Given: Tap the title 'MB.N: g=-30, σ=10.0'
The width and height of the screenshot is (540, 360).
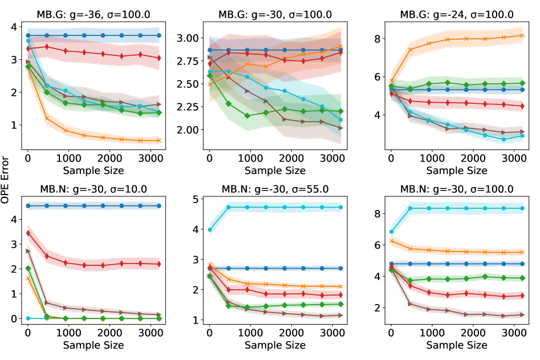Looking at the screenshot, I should [x=94, y=189].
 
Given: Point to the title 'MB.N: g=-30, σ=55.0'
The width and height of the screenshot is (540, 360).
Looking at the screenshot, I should [x=275, y=189].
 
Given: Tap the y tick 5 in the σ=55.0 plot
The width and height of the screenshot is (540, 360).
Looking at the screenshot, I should [x=197, y=199].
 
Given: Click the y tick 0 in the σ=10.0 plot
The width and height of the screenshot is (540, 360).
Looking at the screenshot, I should [x=15, y=318].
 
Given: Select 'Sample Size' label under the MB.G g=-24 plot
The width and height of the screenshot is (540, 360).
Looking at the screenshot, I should [x=457, y=170].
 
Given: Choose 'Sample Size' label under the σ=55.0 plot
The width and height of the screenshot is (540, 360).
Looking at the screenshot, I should [x=275, y=345].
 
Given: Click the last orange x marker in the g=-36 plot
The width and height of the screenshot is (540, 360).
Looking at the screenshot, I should [x=159, y=140].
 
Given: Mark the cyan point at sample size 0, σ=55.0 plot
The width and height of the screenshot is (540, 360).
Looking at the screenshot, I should [x=209, y=230].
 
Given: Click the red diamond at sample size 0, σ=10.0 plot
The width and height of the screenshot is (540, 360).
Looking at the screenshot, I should [x=28, y=233].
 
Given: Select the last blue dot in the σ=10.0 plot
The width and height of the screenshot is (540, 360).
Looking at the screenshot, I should [x=159, y=205].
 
